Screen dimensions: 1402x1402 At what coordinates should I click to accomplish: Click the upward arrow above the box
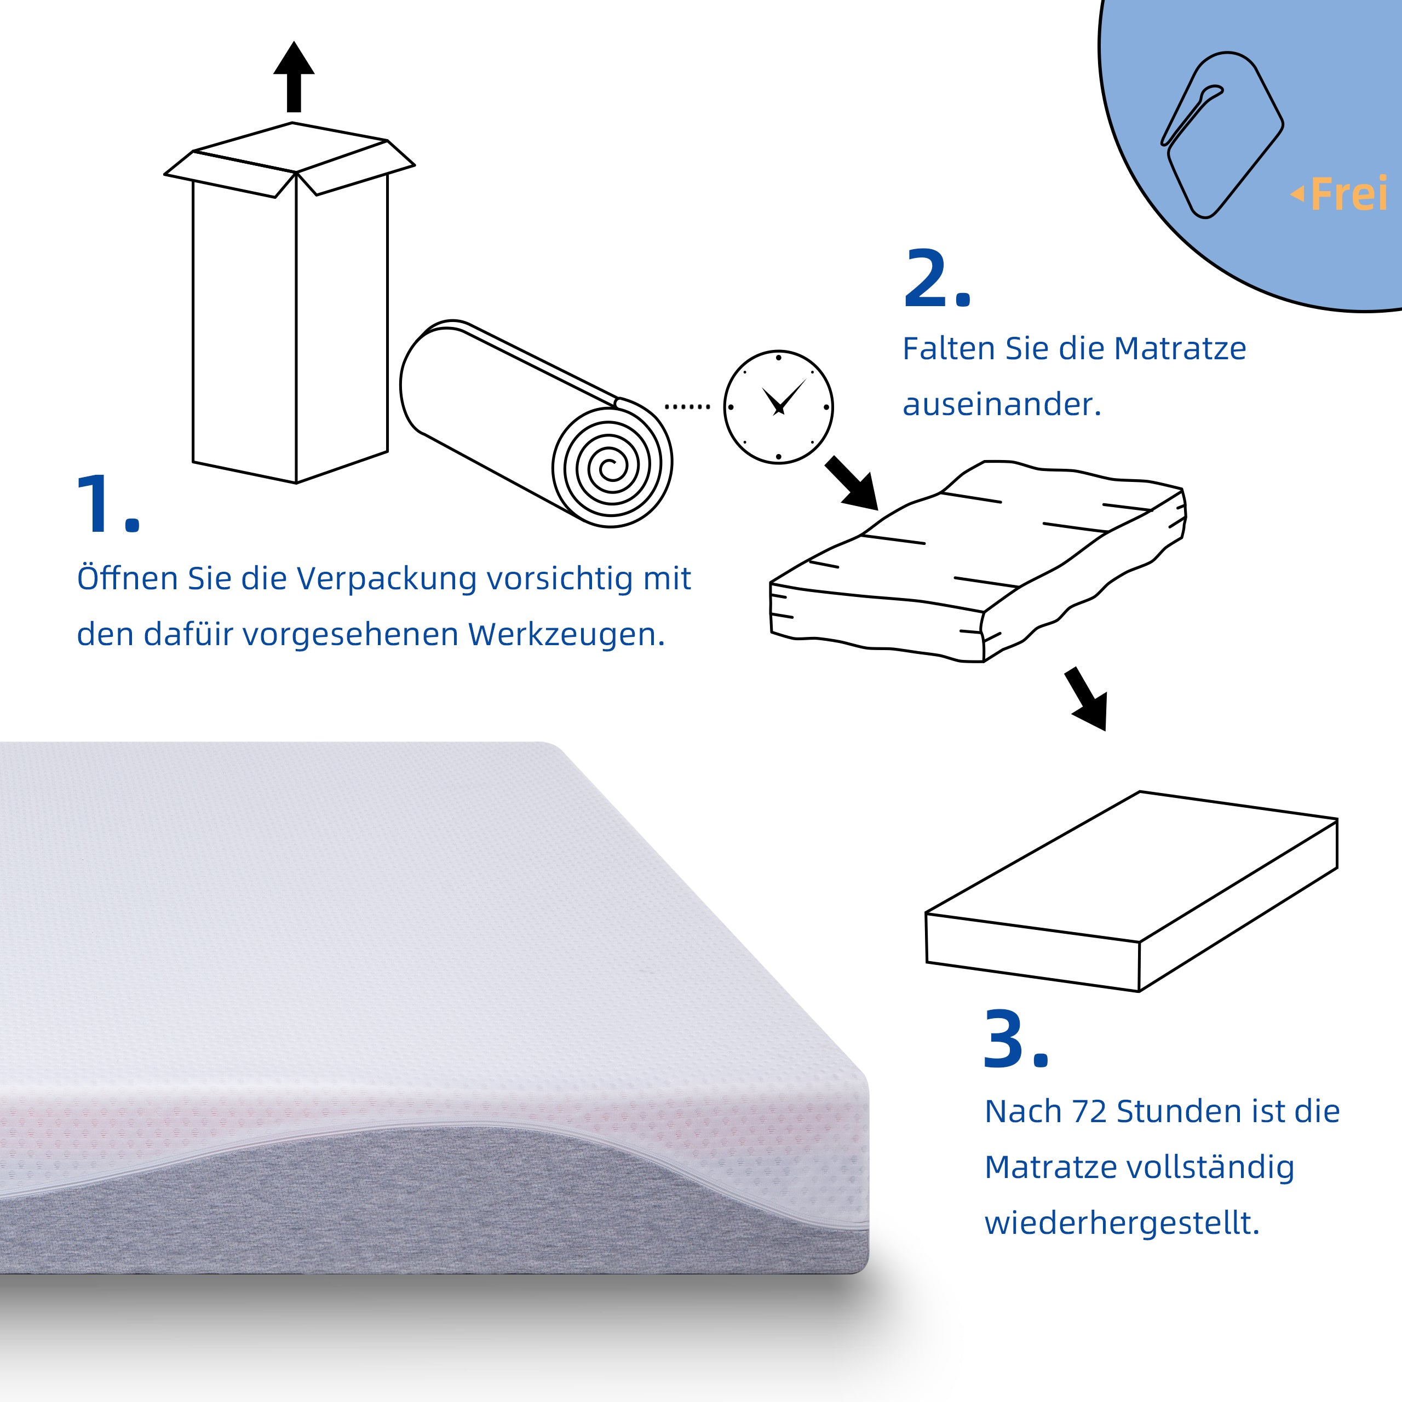294,76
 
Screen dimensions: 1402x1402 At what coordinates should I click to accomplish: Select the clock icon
778,407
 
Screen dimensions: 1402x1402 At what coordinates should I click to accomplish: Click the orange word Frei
1349,194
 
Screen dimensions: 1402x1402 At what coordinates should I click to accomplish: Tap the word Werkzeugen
566,635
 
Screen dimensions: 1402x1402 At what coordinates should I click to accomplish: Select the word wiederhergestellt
1121,1223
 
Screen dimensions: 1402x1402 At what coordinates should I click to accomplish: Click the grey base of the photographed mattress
435,1205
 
